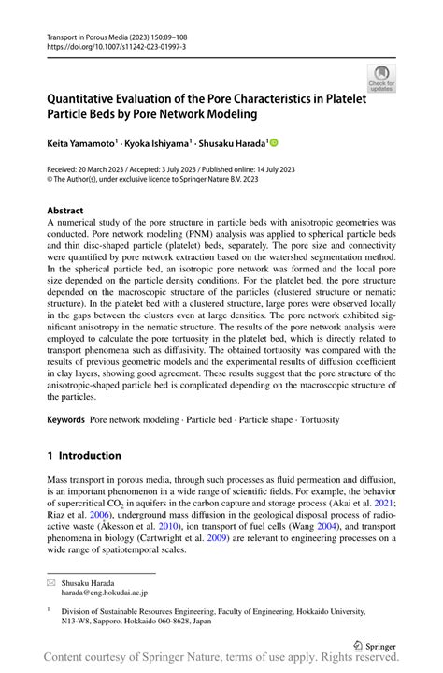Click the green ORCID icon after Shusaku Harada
click(x=274, y=144)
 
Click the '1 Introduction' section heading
click(x=84, y=456)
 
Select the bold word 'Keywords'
click(x=66, y=420)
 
